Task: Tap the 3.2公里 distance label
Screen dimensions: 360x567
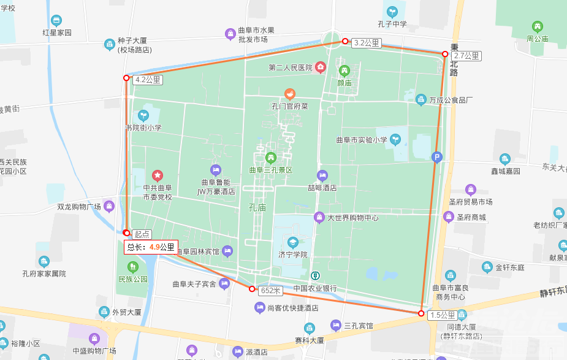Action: click(367, 43)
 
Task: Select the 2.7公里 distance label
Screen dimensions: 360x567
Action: click(467, 56)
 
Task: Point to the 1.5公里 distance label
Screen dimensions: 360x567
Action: click(443, 315)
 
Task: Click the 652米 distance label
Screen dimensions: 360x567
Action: click(270, 290)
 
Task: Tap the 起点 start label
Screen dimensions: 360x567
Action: click(142, 234)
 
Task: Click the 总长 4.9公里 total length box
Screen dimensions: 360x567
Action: click(151, 247)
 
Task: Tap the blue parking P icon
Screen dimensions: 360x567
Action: click(436, 156)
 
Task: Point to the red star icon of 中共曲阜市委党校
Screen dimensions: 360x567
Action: click(158, 176)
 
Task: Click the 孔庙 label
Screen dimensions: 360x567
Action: click(257, 207)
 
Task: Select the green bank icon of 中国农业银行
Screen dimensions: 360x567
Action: click(314, 276)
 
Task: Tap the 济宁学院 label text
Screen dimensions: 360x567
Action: click(292, 255)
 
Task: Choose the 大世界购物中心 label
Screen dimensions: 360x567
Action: click(352, 218)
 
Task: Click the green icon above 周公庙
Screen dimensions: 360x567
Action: click(538, 26)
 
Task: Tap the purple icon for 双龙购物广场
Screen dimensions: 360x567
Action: click(109, 205)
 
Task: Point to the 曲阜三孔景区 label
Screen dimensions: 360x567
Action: click(271, 170)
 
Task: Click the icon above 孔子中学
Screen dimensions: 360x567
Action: click(392, 12)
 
